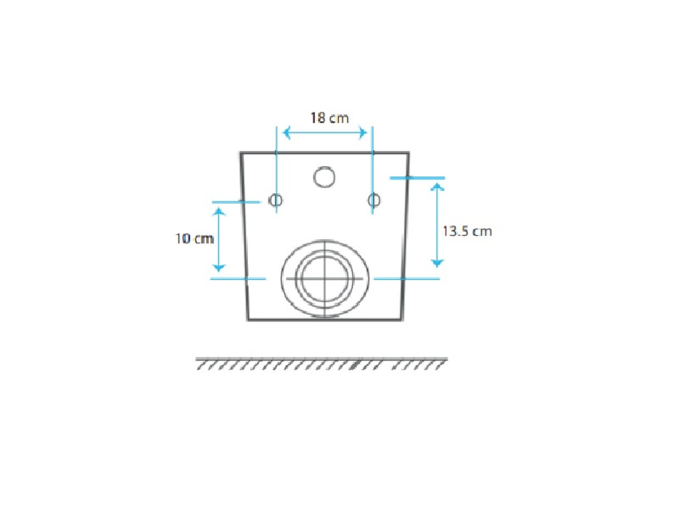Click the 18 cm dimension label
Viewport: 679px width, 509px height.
[x=330, y=118]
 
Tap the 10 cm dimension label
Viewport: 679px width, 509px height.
[x=195, y=238]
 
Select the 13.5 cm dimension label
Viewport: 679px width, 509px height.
[x=467, y=231]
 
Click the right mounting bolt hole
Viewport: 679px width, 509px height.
[x=374, y=200]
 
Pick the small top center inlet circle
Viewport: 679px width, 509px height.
[x=324, y=177]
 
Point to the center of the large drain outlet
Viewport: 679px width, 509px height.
[x=325, y=278]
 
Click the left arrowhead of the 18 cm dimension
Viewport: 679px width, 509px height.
[x=287, y=133]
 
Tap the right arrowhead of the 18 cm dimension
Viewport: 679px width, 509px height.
[x=363, y=133]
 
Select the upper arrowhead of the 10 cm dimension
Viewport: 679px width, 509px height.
[x=219, y=211]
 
